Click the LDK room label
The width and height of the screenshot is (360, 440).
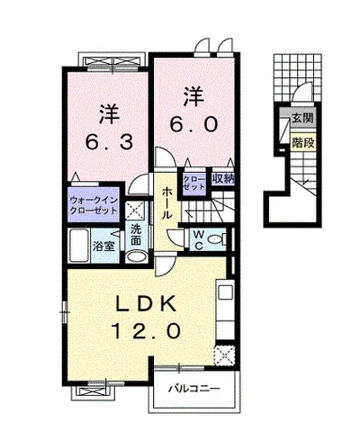tap(146, 305)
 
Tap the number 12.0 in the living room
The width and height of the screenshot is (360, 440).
tap(147, 330)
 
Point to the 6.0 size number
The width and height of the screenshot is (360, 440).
tap(193, 123)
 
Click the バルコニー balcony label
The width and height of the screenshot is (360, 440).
tap(194, 390)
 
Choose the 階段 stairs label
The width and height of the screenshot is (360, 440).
tap(303, 143)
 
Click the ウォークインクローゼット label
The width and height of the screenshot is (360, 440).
tap(94, 205)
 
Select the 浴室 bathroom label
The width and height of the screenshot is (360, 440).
tap(103, 247)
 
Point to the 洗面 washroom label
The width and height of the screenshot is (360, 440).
tap(136, 235)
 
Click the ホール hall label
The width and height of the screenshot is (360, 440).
tap(166, 203)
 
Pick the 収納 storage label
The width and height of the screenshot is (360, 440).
tap(223, 179)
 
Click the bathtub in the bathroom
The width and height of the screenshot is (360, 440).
tap(78, 246)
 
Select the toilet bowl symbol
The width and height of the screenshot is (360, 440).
tap(217, 239)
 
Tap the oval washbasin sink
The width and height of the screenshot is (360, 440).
tap(137, 256)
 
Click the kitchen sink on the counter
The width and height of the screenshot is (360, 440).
tap(226, 292)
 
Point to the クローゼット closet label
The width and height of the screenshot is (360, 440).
tap(194, 183)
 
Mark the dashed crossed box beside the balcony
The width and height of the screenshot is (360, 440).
tap(224, 355)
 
